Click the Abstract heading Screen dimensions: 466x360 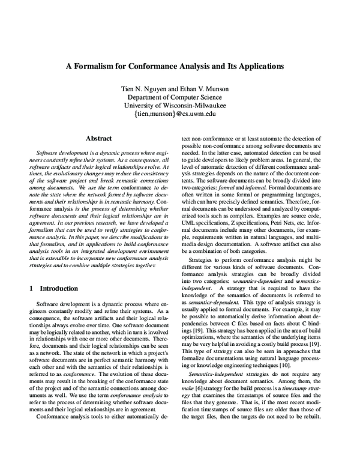pyautogui.click(x=99, y=138)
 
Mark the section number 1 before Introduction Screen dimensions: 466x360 pyautogui.click(x=32, y=288)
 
